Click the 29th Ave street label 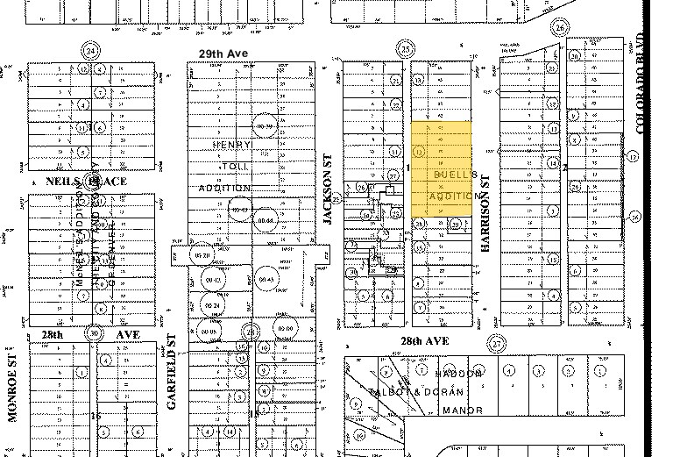pos(223,54)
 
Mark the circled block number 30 pos(93,333)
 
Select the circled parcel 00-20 pos(204,254)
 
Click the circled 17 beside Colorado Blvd pos(632,156)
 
